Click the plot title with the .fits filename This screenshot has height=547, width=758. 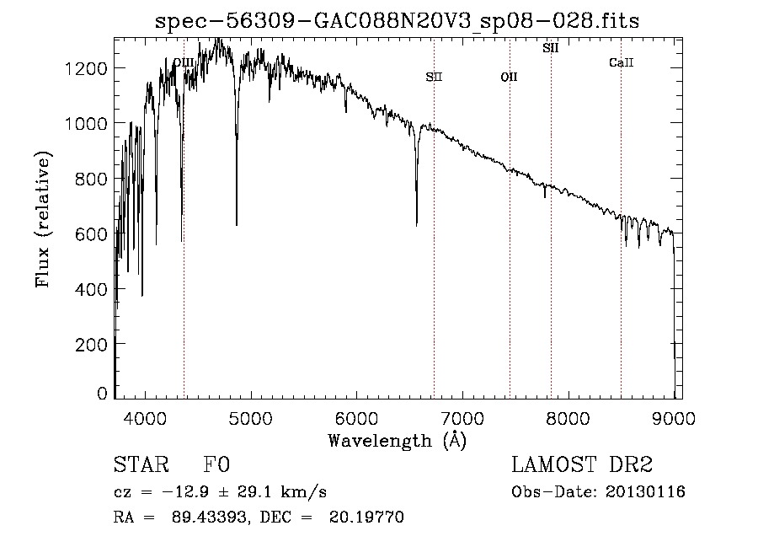(x=397, y=21)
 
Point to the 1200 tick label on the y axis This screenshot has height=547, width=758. (x=86, y=68)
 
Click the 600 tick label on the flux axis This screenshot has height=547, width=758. (x=91, y=234)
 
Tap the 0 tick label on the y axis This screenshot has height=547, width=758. (x=102, y=393)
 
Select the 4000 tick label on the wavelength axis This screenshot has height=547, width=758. (x=145, y=418)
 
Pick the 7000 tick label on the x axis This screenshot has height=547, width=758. (x=462, y=418)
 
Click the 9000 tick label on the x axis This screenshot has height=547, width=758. (x=674, y=418)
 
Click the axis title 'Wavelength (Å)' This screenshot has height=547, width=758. (x=398, y=440)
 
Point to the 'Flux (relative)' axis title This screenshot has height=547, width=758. (x=43, y=219)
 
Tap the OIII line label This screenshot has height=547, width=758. (x=184, y=62)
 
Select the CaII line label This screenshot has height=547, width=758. (x=622, y=62)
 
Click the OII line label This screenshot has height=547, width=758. (x=509, y=77)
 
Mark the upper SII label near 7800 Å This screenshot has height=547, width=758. (x=551, y=48)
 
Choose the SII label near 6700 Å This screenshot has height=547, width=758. (x=434, y=77)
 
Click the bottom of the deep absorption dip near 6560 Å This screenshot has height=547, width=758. (x=417, y=225)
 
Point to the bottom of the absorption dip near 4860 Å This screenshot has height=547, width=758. (x=237, y=224)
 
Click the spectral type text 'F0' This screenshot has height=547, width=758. (x=216, y=464)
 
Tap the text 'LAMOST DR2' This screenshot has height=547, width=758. (x=582, y=464)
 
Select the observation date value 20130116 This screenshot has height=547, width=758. (x=645, y=492)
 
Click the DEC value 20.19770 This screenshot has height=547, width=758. (x=366, y=517)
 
